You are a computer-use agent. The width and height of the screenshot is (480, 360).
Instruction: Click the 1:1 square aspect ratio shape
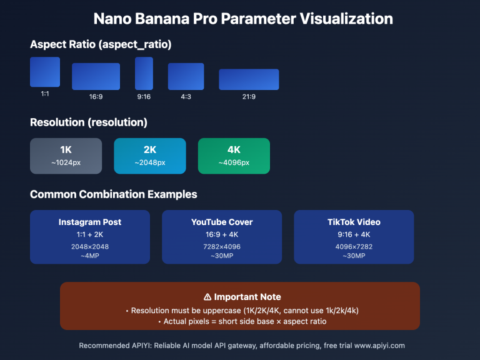pyautogui.click(x=45, y=72)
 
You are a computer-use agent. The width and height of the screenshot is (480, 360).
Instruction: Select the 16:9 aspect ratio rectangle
pyautogui.click(x=96, y=76)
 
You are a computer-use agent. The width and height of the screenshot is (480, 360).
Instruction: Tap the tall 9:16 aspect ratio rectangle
pyautogui.click(x=144, y=74)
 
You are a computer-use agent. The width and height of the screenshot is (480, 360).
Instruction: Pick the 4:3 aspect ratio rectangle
pyautogui.click(x=186, y=76)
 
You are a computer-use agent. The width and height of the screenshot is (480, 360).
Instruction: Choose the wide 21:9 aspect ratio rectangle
pyautogui.click(x=249, y=79)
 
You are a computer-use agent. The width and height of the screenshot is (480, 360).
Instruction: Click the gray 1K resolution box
pyautogui.click(x=66, y=156)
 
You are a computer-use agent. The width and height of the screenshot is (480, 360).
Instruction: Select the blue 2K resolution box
pyautogui.click(x=150, y=156)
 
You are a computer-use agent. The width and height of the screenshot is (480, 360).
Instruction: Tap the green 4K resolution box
pyautogui.click(x=234, y=156)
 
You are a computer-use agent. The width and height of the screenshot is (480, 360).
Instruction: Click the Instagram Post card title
pyautogui.click(x=90, y=222)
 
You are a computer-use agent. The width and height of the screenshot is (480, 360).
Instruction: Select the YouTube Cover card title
pyautogui.click(x=222, y=222)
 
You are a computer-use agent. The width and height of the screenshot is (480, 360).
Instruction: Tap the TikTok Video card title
pyautogui.click(x=354, y=222)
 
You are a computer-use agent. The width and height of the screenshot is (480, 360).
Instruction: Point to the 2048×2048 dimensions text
pyautogui.click(x=90, y=247)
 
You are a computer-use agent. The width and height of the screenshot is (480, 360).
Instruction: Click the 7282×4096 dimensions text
pyautogui.click(x=222, y=247)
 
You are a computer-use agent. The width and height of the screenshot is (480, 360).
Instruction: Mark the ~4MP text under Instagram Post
pyautogui.click(x=90, y=256)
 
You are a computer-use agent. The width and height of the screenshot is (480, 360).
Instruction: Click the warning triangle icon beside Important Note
pyautogui.click(x=207, y=297)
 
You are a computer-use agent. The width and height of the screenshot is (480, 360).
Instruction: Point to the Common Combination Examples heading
pyautogui.click(x=113, y=194)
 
